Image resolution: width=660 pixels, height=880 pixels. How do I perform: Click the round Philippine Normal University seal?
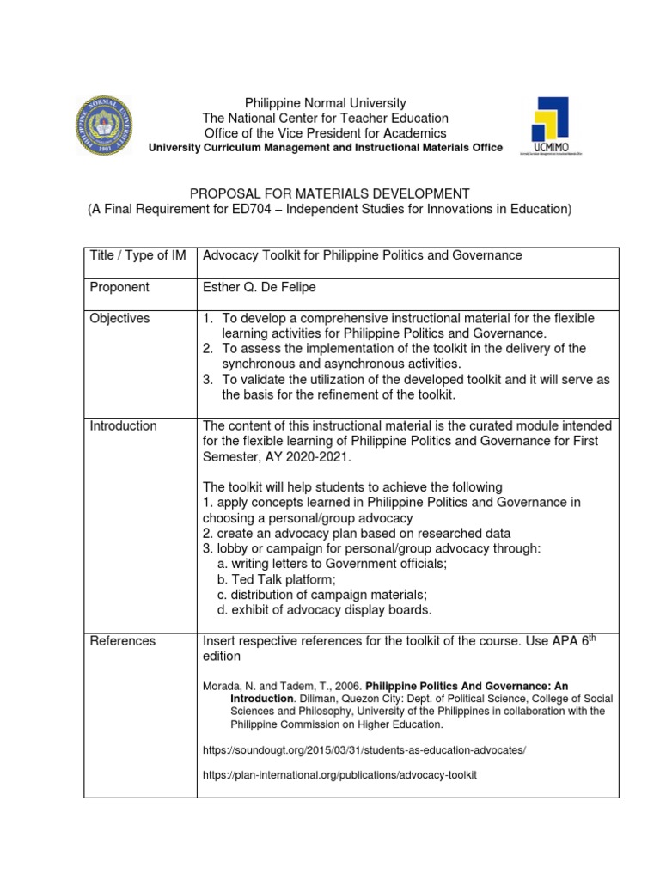coord(107,125)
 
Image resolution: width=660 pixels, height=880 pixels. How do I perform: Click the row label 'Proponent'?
coord(119,287)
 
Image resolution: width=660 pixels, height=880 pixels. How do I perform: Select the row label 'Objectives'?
coord(119,318)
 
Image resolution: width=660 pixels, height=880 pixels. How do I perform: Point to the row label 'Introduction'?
coord(124,425)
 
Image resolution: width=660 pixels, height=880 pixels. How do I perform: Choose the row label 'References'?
coord(123,640)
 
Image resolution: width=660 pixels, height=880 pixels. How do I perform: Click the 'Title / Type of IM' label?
coord(137,255)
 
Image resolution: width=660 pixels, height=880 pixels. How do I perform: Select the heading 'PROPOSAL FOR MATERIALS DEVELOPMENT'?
coord(329,193)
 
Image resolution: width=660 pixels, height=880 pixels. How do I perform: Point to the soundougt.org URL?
coord(364,750)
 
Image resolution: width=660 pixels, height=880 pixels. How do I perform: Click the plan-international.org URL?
coord(339,774)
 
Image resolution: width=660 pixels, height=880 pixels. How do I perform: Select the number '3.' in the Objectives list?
coord(208,379)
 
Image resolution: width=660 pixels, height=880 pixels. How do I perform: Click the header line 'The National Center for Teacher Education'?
coord(325,118)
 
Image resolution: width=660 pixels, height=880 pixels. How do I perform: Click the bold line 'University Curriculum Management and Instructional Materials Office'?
coord(325,147)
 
